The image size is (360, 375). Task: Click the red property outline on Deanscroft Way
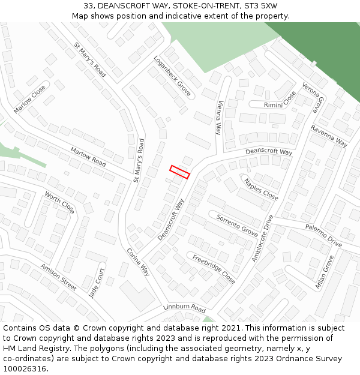pos(180,172)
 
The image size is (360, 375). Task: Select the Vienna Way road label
pos(220,118)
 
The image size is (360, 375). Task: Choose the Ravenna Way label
pos(329,136)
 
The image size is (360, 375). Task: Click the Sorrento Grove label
pos(238,224)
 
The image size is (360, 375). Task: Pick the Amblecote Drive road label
pos(262,238)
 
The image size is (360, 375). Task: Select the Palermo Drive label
pos(323,235)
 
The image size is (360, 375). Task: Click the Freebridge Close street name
pos(214,269)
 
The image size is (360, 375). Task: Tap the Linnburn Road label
pos(184,308)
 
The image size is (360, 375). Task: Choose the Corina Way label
pos(137,262)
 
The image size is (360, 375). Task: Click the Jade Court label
pos(97,284)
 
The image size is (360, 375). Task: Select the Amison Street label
pos(58,277)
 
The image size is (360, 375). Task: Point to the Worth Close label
pos(59,203)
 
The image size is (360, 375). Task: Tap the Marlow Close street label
pos(29,99)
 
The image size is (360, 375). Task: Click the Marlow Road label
pos(88,157)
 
